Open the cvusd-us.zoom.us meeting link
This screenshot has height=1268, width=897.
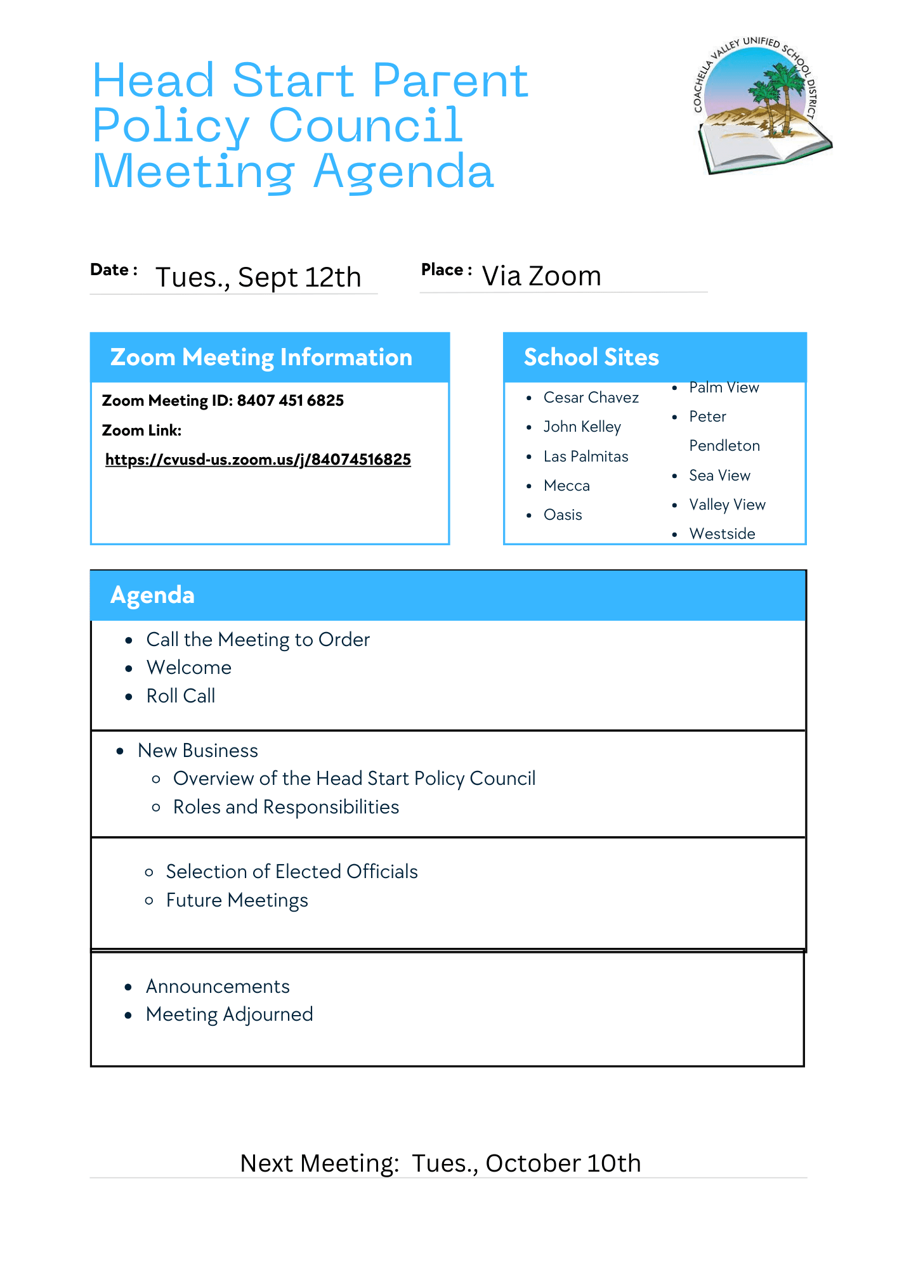(x=258, y=460)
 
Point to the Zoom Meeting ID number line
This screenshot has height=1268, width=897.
(x=223, y=401)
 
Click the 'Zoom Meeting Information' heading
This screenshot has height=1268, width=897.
(x=261, y=358)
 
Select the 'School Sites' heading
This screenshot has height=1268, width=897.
(x=591, y=358)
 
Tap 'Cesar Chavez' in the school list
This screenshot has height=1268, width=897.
(x=591, y=398)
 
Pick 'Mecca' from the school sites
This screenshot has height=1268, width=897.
(x=566, y=486)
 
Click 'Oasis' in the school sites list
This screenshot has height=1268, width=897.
(x=563, y=515)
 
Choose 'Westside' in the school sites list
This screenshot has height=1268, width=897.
(x=722, y=534)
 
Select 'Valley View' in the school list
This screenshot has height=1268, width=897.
(x=727, y=505)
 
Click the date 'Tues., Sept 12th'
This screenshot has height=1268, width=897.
(x=258, y=278)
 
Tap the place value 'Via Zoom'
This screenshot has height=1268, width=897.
(x=541, y=276)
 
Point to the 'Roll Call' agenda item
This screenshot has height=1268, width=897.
(x=181, y=696)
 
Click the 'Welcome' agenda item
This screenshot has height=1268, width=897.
(x=189, y=668)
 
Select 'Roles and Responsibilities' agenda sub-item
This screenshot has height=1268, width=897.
(x=286, y=807)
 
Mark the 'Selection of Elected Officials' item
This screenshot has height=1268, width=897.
(x=292, y=872)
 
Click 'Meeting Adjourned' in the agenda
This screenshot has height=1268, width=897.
(x=230, y=1014)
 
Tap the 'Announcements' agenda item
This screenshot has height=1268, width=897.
(x=218, y=987)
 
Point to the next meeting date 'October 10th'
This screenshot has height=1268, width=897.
(x=563, y=1163)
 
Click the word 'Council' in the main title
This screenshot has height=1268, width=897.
(x=366, y=126)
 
